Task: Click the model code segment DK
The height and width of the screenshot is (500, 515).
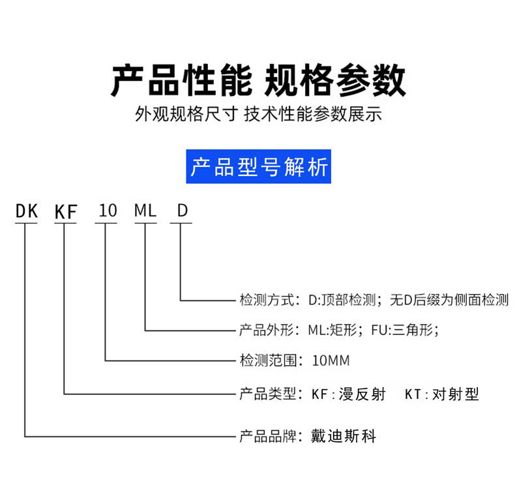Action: pyautogui.click(x=27, y=211)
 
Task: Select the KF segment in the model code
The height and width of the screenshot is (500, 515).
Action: pyautogui.click(x=66, y=211)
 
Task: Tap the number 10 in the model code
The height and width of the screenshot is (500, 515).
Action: pyautogui.click(x=108, y=211)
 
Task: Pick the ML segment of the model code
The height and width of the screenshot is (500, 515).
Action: pyautogui.click(x=145, y=211)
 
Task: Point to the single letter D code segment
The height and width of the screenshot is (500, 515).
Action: pyautogui.click(x=183, y=211)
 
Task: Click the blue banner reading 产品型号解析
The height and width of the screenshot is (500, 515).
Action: pyautogui.click(x=259, y=166)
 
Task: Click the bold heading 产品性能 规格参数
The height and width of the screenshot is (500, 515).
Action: pyautogui.click(x=258, y=80)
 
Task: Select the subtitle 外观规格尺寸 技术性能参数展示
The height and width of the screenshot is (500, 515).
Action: pyautogui.click(x=258, y=114)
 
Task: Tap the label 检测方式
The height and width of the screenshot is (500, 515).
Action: pyautogui.click(x=267, y=300)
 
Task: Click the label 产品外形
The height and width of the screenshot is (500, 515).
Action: pyautogui.click(x=267, y=330)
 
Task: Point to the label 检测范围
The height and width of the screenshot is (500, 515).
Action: pyautogui.click(x=267, y=360)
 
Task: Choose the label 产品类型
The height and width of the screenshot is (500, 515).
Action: pyautogui.click(x=267, y=394)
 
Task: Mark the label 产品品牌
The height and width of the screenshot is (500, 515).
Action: pyautogui.click(x=267, y=437)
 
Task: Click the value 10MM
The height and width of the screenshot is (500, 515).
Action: pyautogui.click(x=331, y=360)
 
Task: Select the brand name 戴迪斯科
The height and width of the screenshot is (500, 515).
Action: pyautogui.click(x=343, y=437)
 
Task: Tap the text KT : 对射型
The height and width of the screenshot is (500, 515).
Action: pyautogui.click(x=442, y=394)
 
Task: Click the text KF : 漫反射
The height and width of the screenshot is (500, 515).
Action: pyautogui.click(x=349, y=394)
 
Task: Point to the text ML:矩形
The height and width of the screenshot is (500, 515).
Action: pyautogui.click(x=332, y=330)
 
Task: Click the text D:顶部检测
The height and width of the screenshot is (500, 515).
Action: pyautogui.click(x=342, y=300)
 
